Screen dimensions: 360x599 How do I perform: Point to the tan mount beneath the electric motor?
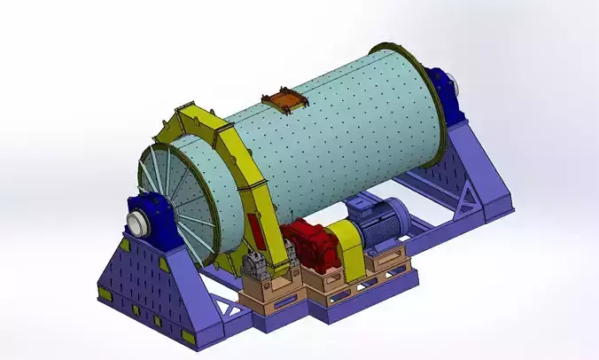tap(388, 258)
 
